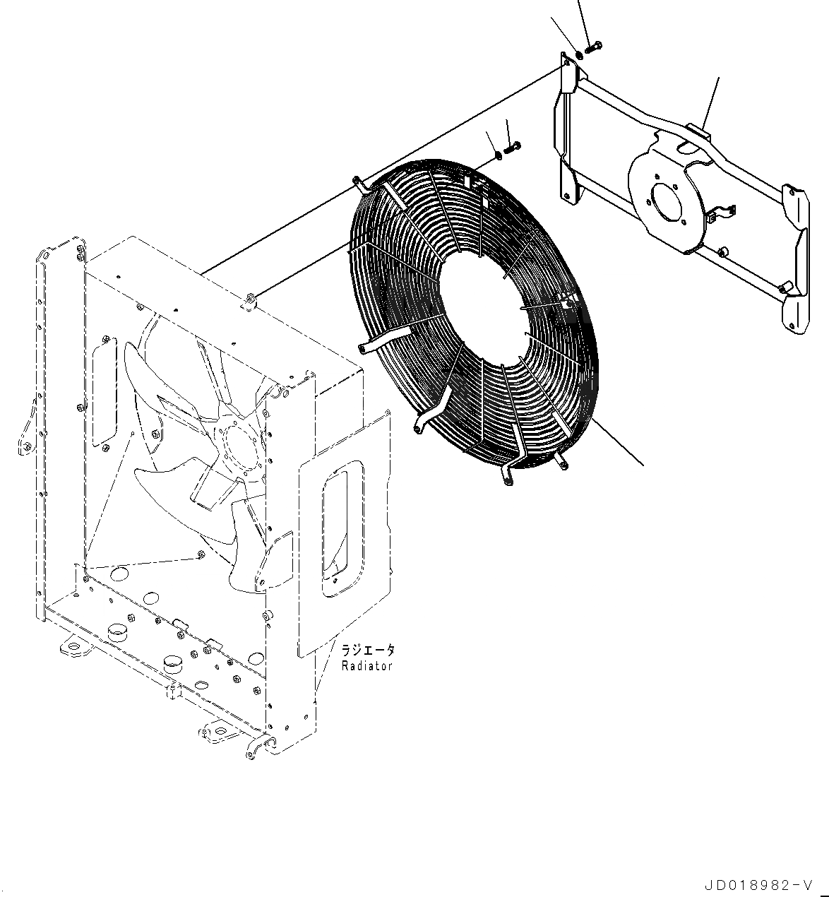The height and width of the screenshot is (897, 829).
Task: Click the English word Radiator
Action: point(366,666)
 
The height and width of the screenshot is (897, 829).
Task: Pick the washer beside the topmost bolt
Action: point(579,53)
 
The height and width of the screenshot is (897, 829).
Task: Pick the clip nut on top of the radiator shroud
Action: point(249,302)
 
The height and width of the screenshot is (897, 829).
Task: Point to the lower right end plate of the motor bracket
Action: point(797,311)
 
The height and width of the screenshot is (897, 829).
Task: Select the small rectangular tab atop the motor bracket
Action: point(698,130)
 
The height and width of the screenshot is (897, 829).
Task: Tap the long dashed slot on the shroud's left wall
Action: point(105,392)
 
